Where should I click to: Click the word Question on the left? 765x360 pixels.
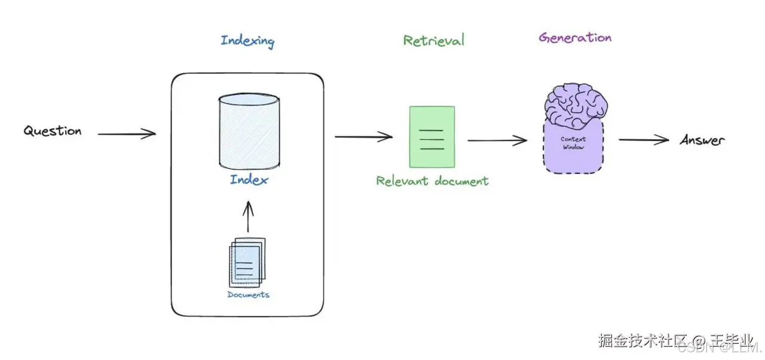53,131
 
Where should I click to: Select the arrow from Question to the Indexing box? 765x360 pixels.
126,134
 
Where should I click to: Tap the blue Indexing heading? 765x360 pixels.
247,41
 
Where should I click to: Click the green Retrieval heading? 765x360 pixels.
433,41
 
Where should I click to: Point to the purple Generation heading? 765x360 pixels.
575,38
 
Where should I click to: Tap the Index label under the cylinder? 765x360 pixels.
249,179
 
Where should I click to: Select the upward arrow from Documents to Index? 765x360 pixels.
249,216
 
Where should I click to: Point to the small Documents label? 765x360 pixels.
248,295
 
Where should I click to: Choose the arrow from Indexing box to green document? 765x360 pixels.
363,137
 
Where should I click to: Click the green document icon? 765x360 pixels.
432,136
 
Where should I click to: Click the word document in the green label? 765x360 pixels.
461,181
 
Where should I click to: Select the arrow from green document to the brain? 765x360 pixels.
497,141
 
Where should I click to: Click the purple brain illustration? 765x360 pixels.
576,105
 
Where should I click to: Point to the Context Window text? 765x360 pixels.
573,143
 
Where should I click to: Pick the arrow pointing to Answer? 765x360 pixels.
643,140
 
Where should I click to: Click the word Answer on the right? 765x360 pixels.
702,141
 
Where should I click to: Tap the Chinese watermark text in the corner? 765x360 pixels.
675,341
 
